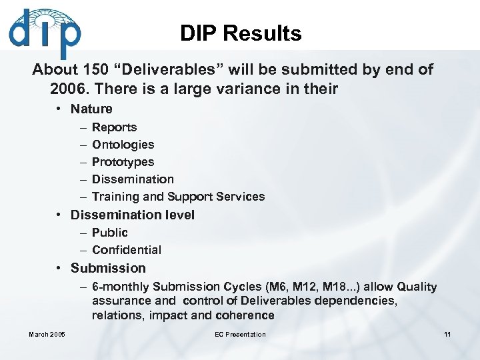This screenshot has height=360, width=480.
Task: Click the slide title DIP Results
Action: (x=241, y=33)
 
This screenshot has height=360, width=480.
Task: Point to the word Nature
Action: (x=91, y=109)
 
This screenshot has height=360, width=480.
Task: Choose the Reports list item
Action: (x=114, y=127)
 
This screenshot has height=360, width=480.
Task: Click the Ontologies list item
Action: (x=123, y=145)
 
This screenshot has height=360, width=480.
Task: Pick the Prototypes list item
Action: (x=123, y=162)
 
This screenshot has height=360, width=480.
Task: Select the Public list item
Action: (x=110, y=233)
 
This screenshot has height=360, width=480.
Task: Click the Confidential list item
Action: (x=127, y=250)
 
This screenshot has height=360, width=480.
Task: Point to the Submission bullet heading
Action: (x=108, y=268)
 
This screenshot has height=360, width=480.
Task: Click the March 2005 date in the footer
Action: (x=47, y=335)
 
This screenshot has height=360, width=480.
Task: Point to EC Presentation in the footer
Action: (x=240, y=335)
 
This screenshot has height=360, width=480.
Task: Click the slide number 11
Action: (x=447, y=335)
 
